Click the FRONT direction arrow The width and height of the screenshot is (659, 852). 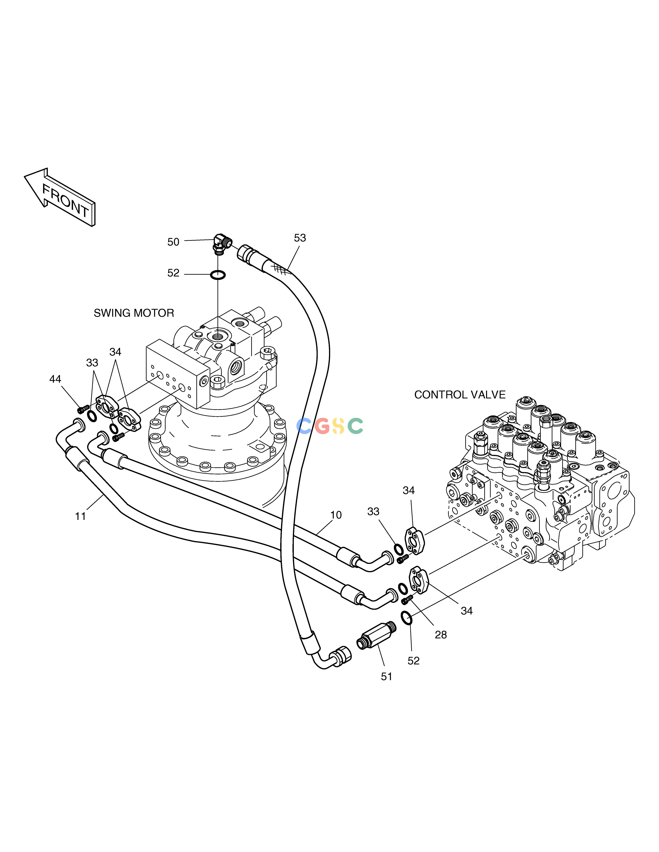pos(60,197)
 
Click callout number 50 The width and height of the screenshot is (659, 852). pos(173,242)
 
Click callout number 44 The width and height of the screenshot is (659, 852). pos(55,379)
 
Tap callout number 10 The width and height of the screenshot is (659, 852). pos(336,515)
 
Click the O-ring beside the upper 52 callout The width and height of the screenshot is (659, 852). pos(218,275)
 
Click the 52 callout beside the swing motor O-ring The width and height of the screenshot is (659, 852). pos(173,273)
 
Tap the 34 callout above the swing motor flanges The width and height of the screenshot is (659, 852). pos(115,352)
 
